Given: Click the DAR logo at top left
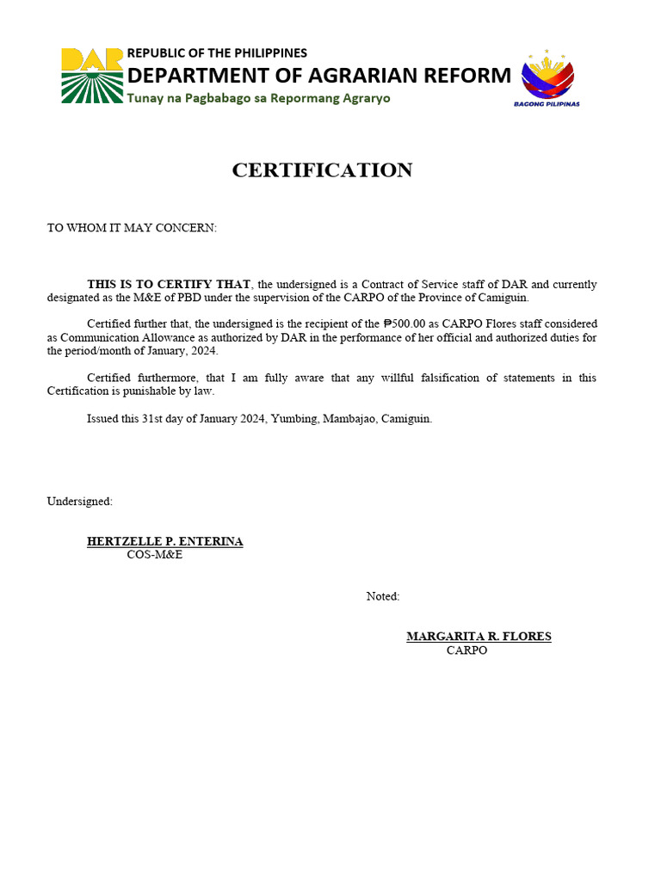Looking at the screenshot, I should [x=92, y=76].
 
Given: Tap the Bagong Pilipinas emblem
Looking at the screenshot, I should [x=547, y=77].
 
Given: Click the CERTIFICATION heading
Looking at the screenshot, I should [x=322, y=170].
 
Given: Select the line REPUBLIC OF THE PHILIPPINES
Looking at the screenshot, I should [x=217, y=53].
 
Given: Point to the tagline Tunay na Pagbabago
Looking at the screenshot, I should [x=258, y=98].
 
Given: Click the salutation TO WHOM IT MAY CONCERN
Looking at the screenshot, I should [x=132, y=228].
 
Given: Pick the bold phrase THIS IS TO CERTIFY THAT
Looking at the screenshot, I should [x=169, y=285].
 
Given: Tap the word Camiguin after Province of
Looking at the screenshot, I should [x=503, y=298].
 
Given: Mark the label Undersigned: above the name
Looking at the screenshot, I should [x=79, y=502].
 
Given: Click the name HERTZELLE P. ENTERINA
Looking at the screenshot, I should [x=164, y=542].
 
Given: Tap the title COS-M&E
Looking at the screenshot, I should [x=155, y=555].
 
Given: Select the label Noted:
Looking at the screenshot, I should [x=383, y=596].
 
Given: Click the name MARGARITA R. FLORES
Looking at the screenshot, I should [x=479, y=637].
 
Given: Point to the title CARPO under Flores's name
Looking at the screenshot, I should [x=466, y=650].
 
